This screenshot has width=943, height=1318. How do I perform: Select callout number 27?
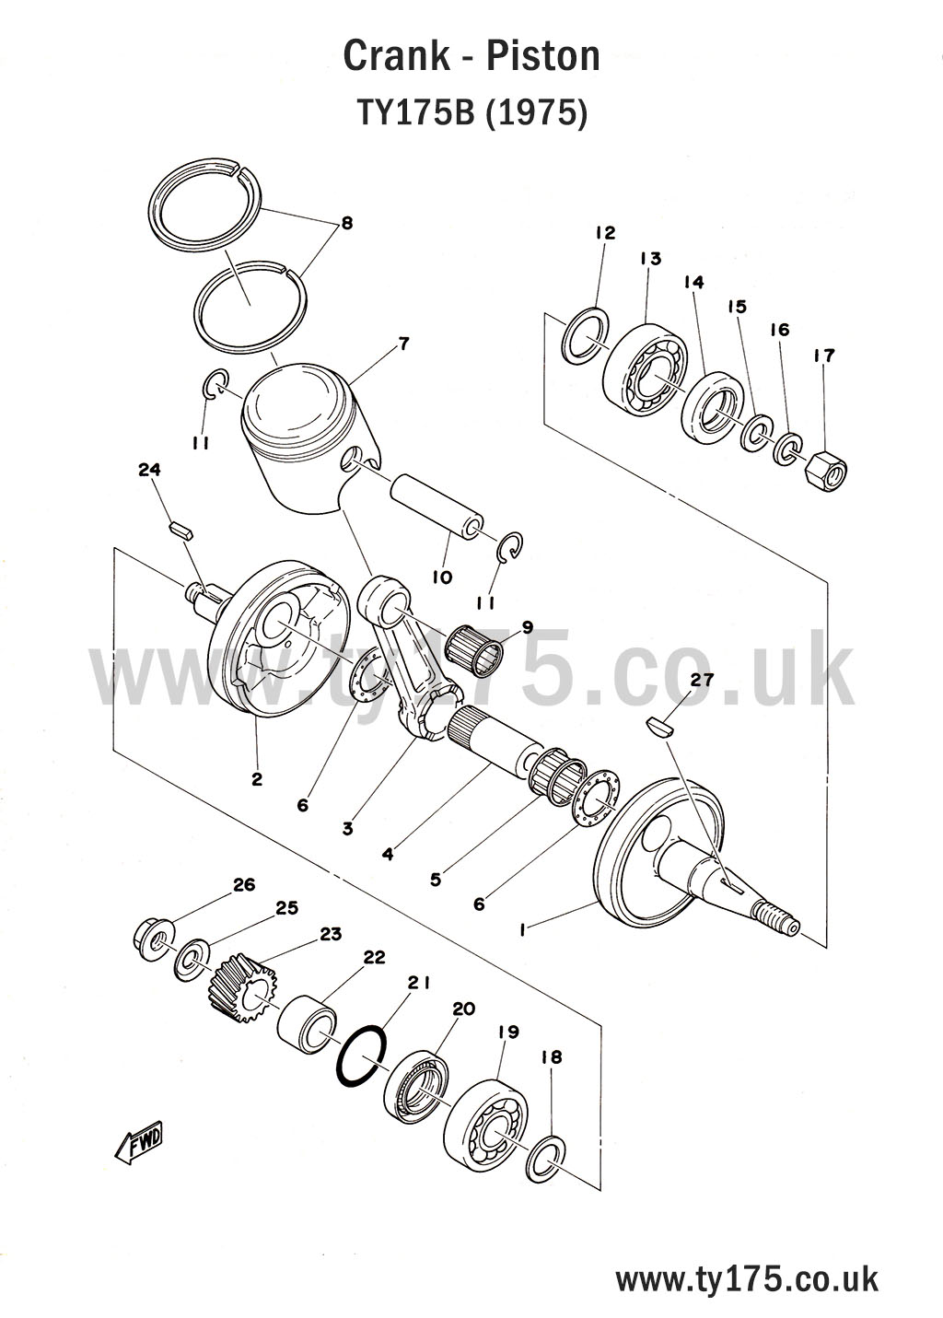702,681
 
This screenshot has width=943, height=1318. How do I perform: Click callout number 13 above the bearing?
650,259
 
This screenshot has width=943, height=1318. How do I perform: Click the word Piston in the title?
542,57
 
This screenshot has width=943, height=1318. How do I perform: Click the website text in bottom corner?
746,1279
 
